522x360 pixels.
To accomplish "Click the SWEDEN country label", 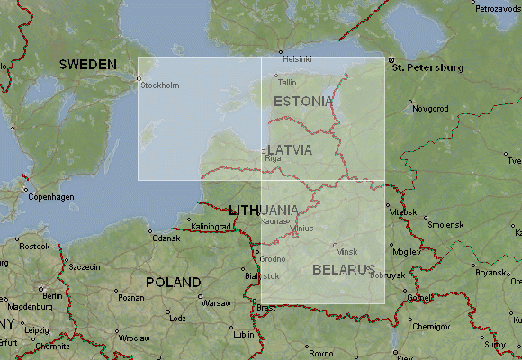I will tap(88, 65).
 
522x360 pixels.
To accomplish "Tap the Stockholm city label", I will tap(161, 85).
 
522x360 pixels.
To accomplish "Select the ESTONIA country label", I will tap(304, 101).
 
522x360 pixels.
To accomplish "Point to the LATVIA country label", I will tap(290, 149).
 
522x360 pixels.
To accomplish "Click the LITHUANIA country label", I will tap(264, 210).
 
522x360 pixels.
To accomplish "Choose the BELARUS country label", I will tap(343, 269).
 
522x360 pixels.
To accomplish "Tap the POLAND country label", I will tap(173, 282).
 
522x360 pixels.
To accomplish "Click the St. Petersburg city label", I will tap(428, 67).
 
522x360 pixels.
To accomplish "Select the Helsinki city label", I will tap(298, 59).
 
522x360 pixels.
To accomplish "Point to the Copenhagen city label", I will tap(50, 197).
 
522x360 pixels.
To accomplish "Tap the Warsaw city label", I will tap(216, 303).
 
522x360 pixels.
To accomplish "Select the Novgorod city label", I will tap(430, 109).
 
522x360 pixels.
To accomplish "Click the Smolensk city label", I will tap(445, 224).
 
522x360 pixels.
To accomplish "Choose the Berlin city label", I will tap(50, 295).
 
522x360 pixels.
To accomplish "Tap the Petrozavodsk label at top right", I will tap(498, 8).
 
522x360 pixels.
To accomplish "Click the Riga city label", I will tap(274, 158).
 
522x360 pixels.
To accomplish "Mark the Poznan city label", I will tap(130, 297).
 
